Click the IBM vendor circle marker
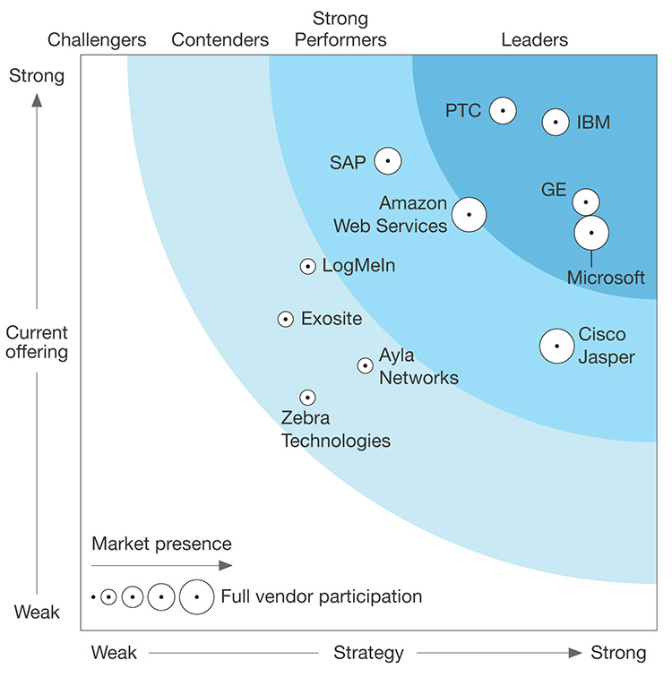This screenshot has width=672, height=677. tap(556, 122)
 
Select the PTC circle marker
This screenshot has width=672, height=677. tap(503, 110)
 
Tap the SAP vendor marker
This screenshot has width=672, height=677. tap(387, 161)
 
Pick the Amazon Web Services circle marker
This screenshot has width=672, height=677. tap(469, 215)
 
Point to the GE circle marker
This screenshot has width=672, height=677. tap(586, 201)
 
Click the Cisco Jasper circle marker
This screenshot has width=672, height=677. tap(557, 346)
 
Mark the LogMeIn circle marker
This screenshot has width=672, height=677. tap(307, 266)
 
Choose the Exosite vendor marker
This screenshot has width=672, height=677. tap(285, 319)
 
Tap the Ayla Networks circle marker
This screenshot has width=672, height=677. tap(365, 365)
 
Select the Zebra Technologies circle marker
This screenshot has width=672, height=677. tap(307, 397)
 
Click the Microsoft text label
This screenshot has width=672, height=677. tap(606, 278)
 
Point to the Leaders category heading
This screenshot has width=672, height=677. tap(534, 39)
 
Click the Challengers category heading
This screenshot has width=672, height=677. tap(97, 39)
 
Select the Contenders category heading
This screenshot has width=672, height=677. tap(220, 39)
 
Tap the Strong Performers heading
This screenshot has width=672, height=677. tap(340, 29)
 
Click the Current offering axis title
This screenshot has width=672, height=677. tap(37, 342)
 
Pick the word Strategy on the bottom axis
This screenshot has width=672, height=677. tap(368, 652)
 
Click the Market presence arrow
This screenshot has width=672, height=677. tap(161, 565)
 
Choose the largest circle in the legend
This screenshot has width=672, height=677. tap(196, 596)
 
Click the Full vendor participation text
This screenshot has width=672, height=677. tap(321, 596)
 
